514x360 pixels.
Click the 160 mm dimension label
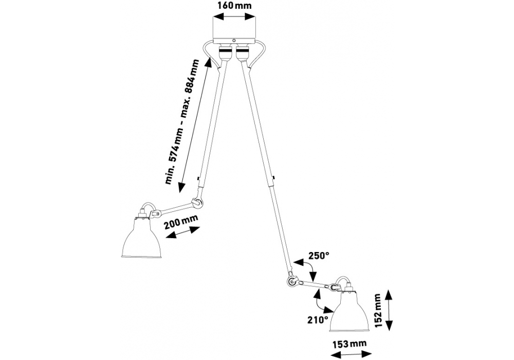point(234,6)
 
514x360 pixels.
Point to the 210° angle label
point(318,320)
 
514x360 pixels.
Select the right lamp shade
point(349,312)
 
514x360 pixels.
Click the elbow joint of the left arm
point(196,202)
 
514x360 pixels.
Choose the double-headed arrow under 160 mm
point(234,17)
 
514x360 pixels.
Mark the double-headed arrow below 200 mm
point(183,233)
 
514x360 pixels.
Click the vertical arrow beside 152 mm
point(390,310)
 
